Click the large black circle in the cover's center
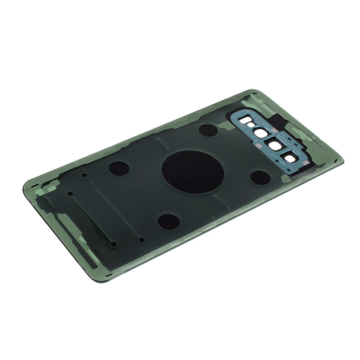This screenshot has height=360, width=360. tap(193, 171)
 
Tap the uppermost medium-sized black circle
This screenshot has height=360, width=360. tap(208, 130)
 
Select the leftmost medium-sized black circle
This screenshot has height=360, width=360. tap(118, 168)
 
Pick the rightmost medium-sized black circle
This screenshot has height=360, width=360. tap(260, 177)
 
